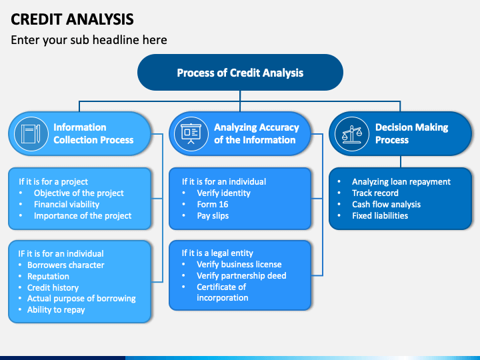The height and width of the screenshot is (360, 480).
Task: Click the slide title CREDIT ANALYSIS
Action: (72, 19)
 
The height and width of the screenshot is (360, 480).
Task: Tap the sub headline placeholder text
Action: (89, 40)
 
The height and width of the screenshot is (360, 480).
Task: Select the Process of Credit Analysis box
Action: (240, 73)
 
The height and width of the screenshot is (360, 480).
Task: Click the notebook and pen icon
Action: (31, 134)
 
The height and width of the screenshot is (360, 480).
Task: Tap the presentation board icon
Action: (191, 134)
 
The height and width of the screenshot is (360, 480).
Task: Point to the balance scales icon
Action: (352, 134)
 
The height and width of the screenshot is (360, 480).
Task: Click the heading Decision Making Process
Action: (412, 133)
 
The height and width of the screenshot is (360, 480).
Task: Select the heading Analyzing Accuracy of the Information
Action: (257, 133)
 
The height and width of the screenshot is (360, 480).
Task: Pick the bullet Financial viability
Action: (67, 205)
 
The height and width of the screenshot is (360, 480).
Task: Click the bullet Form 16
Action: (213, 205)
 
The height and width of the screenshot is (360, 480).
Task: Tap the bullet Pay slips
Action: (213, 216)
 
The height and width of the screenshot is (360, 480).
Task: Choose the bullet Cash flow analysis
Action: (386, 205)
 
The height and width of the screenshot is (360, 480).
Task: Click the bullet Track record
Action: (375, 193)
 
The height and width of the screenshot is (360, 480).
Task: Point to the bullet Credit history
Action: (53, 288)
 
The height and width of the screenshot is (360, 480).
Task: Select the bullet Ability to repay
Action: (56, 310)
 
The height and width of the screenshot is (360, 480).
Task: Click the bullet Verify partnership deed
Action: (241, 276)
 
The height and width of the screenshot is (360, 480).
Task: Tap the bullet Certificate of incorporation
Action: (223, 293)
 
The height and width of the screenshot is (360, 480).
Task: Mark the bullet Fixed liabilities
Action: (380, 216)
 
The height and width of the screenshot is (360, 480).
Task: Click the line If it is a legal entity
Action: (217, 253)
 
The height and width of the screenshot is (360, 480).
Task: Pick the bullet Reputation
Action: (48, 277)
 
